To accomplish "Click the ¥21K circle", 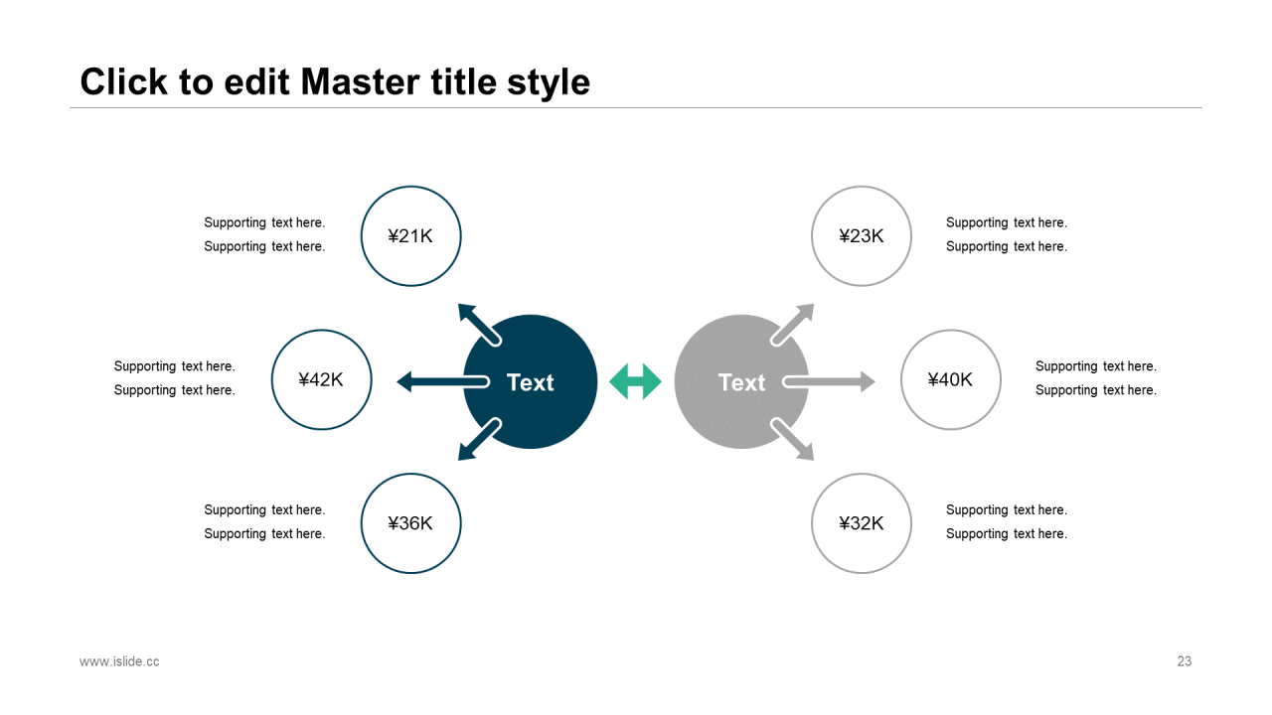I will click(x=410, y=236).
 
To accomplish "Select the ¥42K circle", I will click(x=321, y=379).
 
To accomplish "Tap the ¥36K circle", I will click(x=410, y=523).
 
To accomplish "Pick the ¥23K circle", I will click(x=862, y=236).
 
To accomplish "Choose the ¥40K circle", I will click(x=951, y=379).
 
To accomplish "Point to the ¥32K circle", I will click(x=862, y=523).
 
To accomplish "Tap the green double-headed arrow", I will click(x=636, y=381).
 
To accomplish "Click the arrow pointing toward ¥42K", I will click(x=437, y=381).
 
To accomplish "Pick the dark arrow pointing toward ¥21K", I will click(x=477, y=322).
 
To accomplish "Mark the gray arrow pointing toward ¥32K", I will click(x=794, y=441).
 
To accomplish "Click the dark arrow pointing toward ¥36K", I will click(x=478, y=441).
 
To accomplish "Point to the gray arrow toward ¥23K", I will click(x=794, y=323).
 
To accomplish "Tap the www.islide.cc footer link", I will click(x=119, y=661).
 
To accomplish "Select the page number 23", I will click(x=1184, y=661).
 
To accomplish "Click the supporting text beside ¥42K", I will click(x=175, y=378).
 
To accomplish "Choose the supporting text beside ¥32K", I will click(x=1007, y=521).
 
